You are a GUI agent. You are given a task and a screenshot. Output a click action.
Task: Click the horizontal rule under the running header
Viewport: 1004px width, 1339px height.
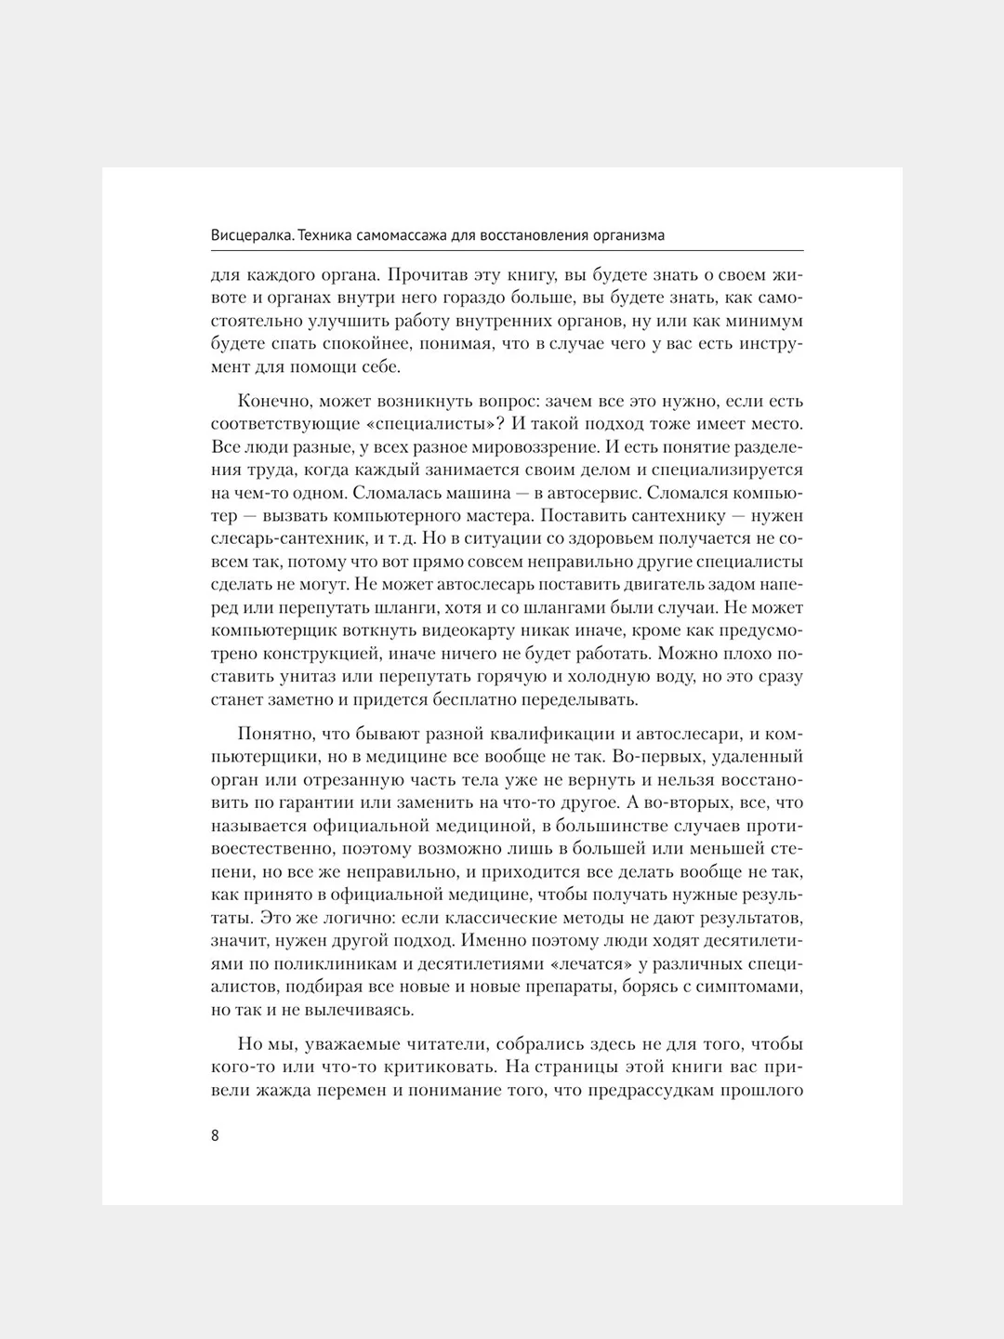(x=508, y=250)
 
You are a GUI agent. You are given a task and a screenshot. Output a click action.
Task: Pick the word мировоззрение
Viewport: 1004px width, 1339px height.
(x=503, y=447)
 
